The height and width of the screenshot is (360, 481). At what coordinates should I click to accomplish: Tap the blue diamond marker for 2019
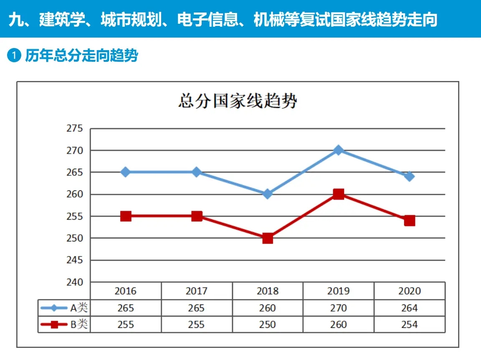(339, 150)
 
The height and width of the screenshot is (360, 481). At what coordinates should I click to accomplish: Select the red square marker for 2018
(268, 238)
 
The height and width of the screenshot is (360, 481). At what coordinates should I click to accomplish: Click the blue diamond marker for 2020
(410, 177)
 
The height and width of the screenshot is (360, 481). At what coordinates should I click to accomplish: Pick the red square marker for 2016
(126, 216)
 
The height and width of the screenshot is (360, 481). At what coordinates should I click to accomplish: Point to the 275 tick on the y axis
(75, 129)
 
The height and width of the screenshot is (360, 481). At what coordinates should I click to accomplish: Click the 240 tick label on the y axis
(75, 282)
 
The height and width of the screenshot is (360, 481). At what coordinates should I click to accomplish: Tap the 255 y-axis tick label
(75, 216)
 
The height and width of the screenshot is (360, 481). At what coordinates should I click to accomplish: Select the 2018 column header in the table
(267, 291)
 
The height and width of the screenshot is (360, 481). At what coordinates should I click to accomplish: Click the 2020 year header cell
(409, 291)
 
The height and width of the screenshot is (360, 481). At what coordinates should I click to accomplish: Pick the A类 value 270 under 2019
(338, 308)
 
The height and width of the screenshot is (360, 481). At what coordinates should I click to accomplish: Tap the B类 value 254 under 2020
(409, 325)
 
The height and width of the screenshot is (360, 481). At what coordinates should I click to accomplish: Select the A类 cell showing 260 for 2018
(267, 308)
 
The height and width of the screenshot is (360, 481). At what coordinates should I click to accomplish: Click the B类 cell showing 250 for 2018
(267, 325)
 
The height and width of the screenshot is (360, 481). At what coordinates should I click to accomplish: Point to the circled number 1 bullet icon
(14, 56)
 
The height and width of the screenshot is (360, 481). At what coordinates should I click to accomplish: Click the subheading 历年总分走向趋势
(81, 56)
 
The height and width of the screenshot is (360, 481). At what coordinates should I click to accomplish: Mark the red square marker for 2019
(339, 194)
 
